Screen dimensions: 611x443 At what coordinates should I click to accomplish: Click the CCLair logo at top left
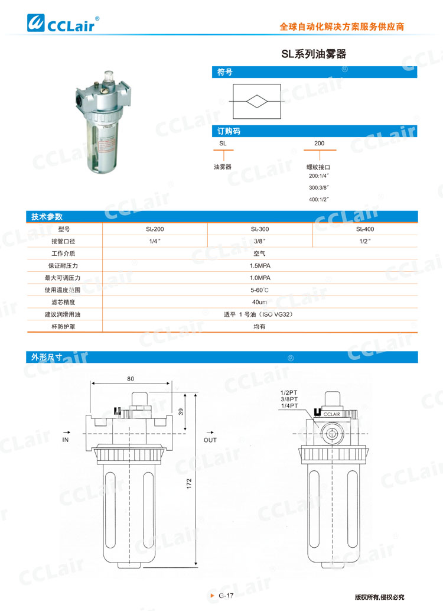click(x=64, y=24)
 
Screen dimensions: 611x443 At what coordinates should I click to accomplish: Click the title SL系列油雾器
click(x=313, y=54)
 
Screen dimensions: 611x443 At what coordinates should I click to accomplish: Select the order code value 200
click(x=319, y=144)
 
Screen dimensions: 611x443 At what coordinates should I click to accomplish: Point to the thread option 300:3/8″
click(x=319, y=187)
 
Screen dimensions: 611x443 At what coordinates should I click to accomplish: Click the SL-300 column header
click(x=260, y=229)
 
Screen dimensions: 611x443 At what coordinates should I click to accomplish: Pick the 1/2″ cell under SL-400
click(x=364, y=241)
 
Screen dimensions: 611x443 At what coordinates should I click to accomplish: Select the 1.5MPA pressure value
click(x=260, y=265)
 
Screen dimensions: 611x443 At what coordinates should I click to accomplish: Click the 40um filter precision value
click(x=260, y=302)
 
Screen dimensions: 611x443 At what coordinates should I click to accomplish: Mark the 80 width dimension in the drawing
click(x=131, y=379)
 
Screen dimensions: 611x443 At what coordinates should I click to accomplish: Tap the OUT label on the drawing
click(x=210, y=440)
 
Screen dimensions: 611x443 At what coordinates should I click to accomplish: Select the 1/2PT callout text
click(x=289, y=392)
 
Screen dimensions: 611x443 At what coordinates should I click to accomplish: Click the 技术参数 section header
click(x=47, y=217)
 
